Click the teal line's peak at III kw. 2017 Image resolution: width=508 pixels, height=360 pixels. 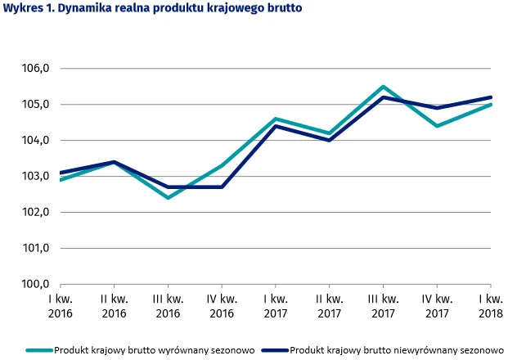coord(383,87)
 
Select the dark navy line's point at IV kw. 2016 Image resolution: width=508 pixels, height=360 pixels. coord(221,187)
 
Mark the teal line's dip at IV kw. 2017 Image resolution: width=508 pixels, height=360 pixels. coord(437,126)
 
